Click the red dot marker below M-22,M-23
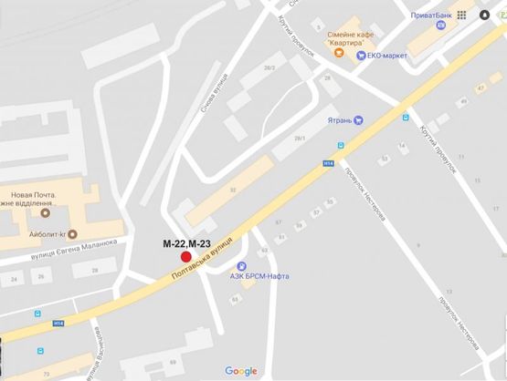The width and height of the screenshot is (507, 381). [186, 259]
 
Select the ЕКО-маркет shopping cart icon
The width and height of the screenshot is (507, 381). [362, 55]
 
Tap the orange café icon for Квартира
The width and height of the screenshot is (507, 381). [338, 53]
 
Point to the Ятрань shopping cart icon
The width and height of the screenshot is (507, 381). [359, 118]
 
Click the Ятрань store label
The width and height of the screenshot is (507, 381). [338, 119]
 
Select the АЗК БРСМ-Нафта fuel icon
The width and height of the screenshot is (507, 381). [283, 276]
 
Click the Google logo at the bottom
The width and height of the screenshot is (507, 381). [241, 371]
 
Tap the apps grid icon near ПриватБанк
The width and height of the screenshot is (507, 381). [463, 15]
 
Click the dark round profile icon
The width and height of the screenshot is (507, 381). [483, 15]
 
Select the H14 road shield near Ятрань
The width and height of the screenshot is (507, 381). [328, 163]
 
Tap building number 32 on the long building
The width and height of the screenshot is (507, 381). [233, 190]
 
